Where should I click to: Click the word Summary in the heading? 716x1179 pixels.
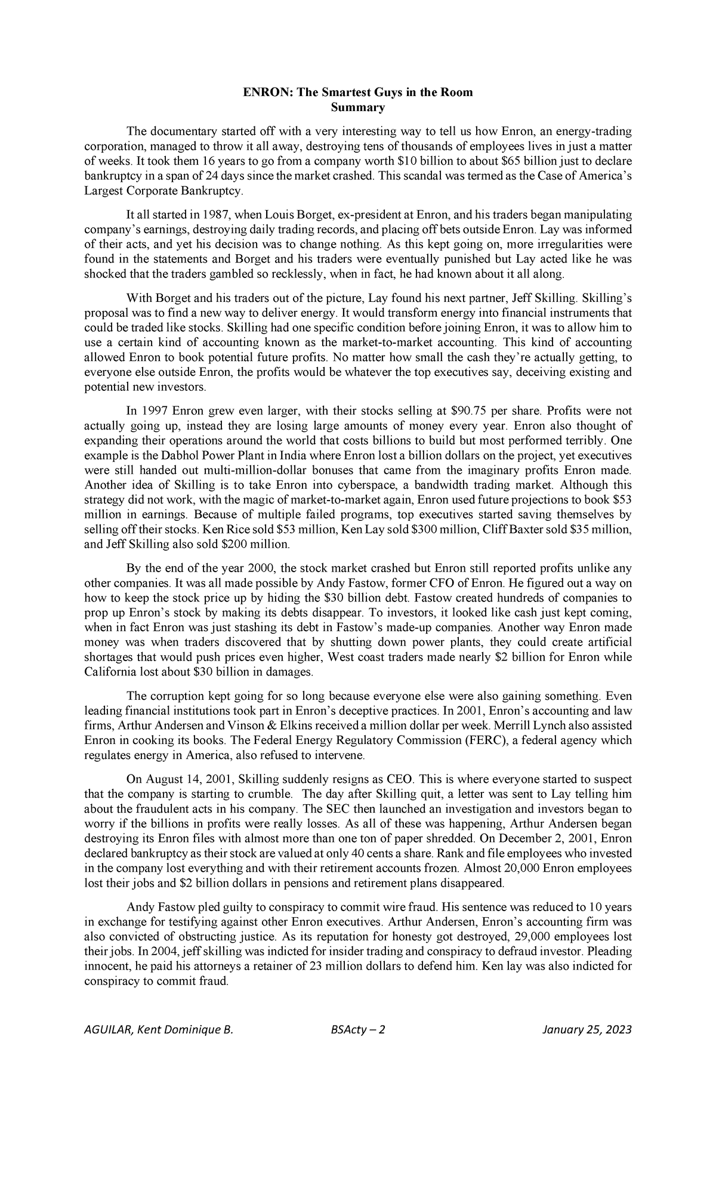pyautogui.click(x=357, y=108)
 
